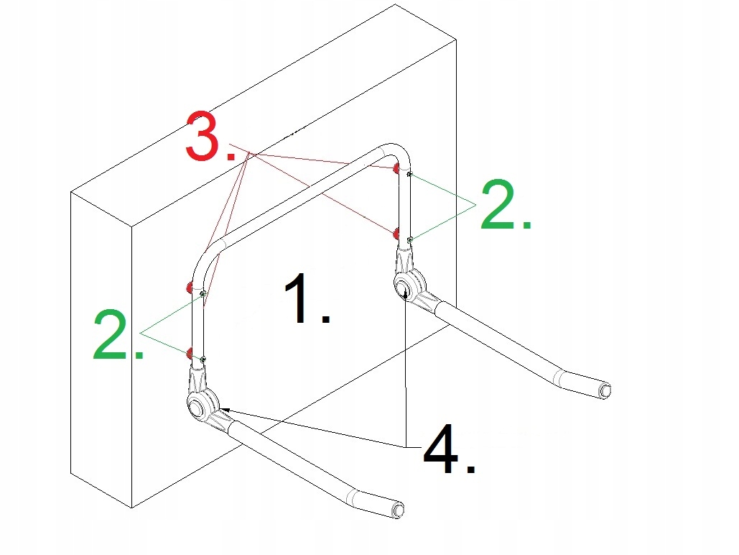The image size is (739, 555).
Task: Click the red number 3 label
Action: tap(210, 137)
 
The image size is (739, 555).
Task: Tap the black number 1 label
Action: tap(307, 298)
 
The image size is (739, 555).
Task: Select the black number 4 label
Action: tap(449, 449)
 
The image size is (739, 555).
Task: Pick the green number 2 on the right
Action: tap(506, 204)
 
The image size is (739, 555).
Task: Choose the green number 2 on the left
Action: tap(117, 334)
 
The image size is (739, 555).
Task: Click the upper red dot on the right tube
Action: tap(396, 168)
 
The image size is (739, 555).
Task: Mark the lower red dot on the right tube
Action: tap(396, 234)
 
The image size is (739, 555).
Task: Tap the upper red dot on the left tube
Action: tap(189, 286)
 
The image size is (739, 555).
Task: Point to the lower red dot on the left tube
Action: tap(189, 352)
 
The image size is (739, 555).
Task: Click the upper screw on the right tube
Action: tap(410, 175)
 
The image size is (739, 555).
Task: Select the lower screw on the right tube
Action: tap(410, 240)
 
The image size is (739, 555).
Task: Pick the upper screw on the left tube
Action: tap(203, 293)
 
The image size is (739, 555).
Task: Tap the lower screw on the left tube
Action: tap(203, 359)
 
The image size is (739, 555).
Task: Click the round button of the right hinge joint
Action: tap(403, 286)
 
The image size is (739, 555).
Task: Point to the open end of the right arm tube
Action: tap(605, 390)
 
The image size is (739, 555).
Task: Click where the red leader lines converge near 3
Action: tap(249, 154)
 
